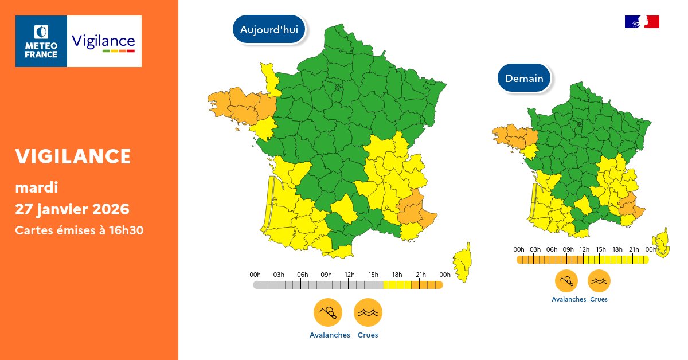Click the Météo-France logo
point(41,41)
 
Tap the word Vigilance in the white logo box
point(103,41)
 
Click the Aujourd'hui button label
point(269,30)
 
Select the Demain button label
point(524,79)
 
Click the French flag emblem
point(642,22)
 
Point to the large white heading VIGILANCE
point(73,156)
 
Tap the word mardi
point(37,187)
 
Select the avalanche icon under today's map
point(327,313)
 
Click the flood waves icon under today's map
point(368,313)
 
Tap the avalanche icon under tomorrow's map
point(566,281)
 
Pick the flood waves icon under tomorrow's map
point(599,281)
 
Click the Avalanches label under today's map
point(330,335)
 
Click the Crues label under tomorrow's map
point(599,299)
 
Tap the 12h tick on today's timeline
point(349,285)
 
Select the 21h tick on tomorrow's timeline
point(634,260)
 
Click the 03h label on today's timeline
point(279,275)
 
